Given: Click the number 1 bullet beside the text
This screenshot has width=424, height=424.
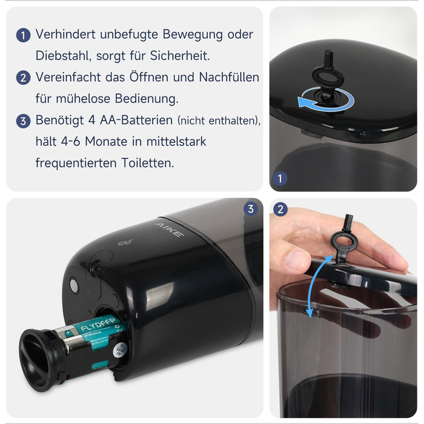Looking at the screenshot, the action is pyautogui.click(x=23, y=35).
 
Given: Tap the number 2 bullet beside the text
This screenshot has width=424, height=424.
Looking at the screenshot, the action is pyautogui.click(x=23, y=78).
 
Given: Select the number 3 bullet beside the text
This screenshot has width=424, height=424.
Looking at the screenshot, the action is pyautogui.click(x=23, y=121).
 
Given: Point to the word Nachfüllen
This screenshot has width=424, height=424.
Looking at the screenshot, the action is pyautogui.click(x=229, y=77).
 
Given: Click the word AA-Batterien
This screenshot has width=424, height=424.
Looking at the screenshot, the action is pyautogui.click(x=136, y=120).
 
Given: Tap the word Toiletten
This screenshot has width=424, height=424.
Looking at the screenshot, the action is pyautogui.click(x=148, y=163).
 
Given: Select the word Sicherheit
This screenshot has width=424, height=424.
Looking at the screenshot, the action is pyautogui.click(x=180, y=56).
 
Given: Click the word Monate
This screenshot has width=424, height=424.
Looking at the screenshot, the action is pyautogui.click(x=106, y=141).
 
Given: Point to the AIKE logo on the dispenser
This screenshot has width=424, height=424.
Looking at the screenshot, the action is pyautogui.click(x=170, y=230).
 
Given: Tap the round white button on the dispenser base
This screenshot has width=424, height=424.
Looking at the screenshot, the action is pyautogui.click(x=74, y=285).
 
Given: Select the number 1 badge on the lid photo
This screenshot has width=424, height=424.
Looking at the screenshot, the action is pyautogui.click(x=280, y=179).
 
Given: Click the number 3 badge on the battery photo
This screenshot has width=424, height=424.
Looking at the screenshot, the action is pyautogui.click(x=251, y=209).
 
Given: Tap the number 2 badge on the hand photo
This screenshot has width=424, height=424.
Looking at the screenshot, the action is pyautogui.click(x=280, y=210).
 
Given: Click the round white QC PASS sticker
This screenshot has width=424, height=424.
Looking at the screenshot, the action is pyautogui.click(x=120, y=351).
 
